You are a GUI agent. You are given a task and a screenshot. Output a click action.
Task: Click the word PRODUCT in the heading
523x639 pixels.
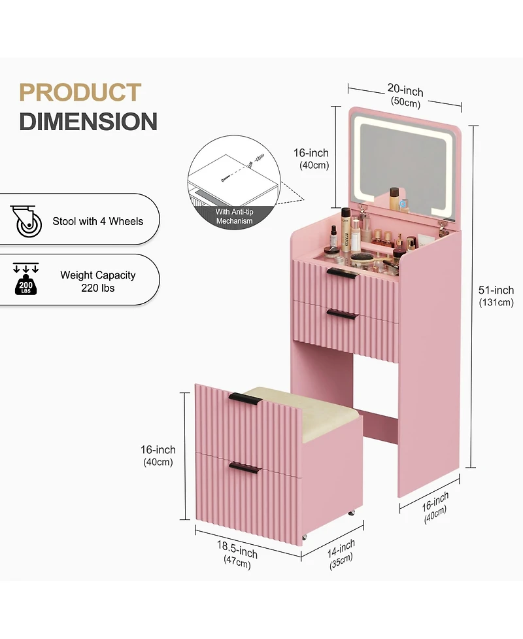[80, 92]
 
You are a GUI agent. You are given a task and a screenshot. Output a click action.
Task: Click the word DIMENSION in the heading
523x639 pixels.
[88, 122]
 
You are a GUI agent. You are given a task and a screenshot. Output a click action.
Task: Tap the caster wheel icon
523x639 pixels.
[26, 221]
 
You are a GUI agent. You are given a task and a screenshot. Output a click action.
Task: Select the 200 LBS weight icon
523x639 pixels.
[25, 279]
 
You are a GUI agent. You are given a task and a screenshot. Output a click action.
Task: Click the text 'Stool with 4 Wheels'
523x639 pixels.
[98, 221]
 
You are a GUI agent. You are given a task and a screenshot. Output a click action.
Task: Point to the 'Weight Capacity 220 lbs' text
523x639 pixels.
[98, 281]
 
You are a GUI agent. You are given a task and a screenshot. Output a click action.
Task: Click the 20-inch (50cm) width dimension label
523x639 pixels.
[405, 95]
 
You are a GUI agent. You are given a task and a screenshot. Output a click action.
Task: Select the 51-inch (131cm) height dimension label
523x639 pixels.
[496, 296]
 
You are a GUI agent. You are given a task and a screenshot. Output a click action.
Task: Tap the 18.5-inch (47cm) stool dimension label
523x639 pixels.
[237, 554]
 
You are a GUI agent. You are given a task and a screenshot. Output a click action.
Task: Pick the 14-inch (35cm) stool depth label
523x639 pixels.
[341, 554]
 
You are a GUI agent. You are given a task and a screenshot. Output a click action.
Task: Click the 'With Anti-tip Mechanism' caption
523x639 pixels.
[234, 216]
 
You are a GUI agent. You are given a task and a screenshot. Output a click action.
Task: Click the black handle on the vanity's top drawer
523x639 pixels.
[343, 273]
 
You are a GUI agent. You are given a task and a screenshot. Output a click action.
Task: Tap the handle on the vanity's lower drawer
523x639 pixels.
[343, 314]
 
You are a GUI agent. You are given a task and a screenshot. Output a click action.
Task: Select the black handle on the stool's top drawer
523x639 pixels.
[244, 399]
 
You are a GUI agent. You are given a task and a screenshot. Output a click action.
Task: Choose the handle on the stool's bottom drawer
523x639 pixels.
[245, 468]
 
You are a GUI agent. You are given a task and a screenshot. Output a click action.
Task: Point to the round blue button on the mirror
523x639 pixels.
[403, 203]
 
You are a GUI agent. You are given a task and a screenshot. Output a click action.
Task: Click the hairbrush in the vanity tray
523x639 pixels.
[363, 259]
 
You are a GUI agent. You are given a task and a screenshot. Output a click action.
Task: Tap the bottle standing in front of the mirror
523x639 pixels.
[394, 198]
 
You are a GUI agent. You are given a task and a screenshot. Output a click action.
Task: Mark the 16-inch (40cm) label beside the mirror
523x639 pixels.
[312, 158]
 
